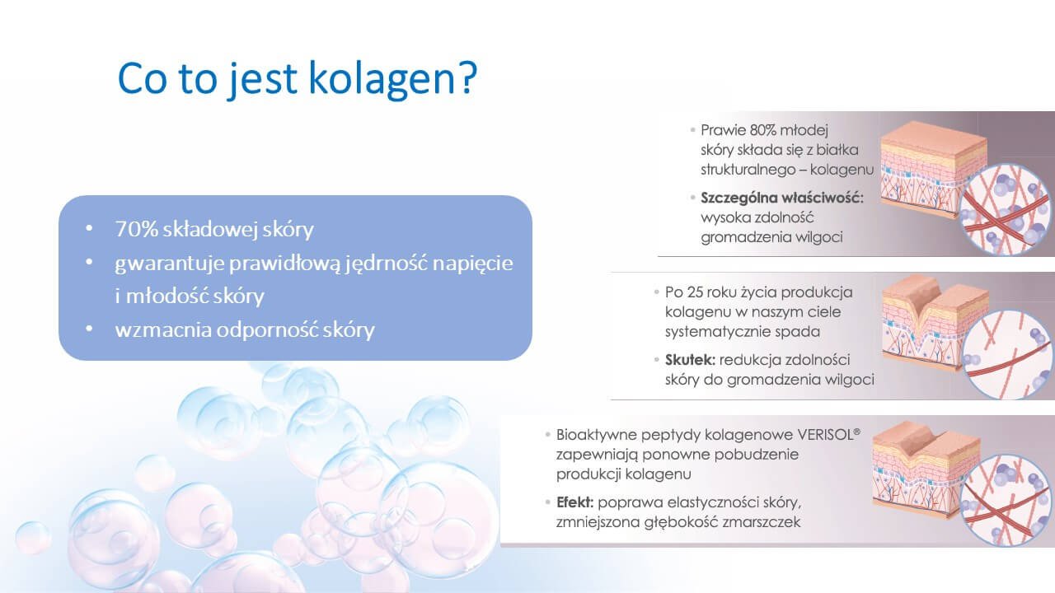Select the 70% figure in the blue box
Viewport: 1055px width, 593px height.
(137, 229)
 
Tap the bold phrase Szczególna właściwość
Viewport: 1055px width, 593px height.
(782, 198)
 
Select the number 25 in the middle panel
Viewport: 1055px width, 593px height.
(695, 292)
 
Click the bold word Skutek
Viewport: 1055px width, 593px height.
(690, 360)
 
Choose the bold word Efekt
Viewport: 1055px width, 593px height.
(575, 502)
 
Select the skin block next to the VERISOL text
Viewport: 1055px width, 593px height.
(923, 470)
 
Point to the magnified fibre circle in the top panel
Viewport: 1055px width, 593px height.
(1005, 209)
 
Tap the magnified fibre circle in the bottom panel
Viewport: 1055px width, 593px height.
(1006, 501)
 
